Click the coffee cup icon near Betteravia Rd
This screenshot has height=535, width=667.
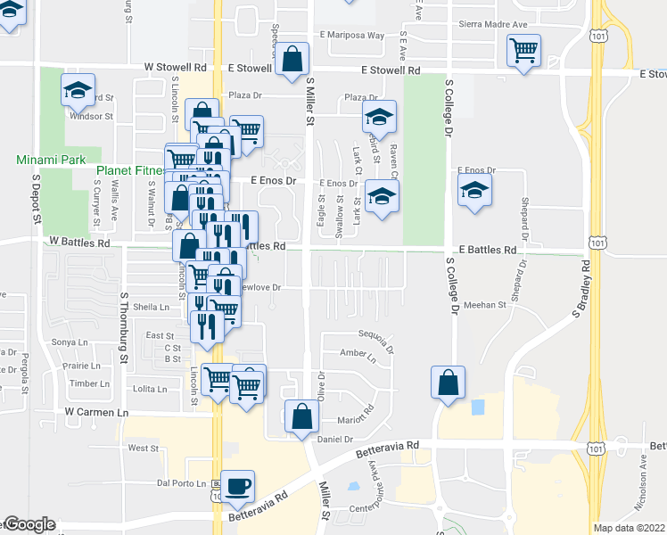click(238, 486)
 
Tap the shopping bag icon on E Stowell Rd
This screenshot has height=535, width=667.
click(292, 61)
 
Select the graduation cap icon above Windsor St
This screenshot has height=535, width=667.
click(78, 90)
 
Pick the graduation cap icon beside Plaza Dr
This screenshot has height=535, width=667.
click(379, 117)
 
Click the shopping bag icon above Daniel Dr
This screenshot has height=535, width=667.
click(302, 416)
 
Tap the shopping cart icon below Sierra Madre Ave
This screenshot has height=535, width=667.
click(523, 50)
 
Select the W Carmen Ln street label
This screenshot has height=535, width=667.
click(97, 413)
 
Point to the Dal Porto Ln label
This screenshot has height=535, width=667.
click(181, 483)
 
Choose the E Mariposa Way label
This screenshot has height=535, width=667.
click(351, 36)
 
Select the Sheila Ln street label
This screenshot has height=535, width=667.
click(151, 307)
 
